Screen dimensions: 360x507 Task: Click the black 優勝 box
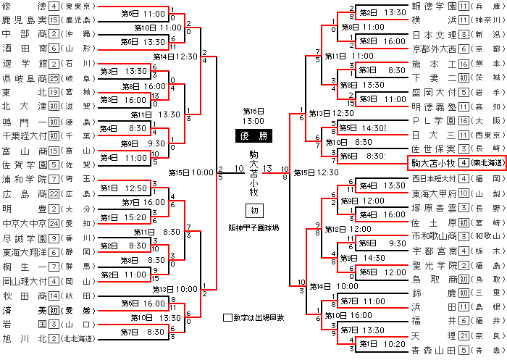tap(253, 135)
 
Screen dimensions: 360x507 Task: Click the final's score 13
tap(267, 169)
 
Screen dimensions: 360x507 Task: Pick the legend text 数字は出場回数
tap(259, 317)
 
